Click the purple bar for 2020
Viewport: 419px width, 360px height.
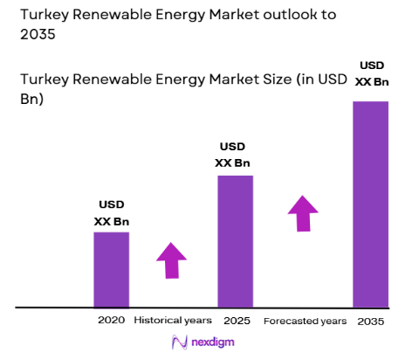coord(112,269)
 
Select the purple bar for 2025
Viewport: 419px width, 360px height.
coord(235,241)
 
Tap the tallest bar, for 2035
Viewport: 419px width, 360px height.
coord(370,204)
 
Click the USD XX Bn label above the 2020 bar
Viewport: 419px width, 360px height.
coord(112,212)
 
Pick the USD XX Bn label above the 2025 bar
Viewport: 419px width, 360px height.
coord(232,154)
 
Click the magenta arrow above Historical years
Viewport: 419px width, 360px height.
coord(172,260)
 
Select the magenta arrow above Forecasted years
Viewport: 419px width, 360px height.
coord(303,212)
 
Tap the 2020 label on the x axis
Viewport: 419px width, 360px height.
coord(111,321)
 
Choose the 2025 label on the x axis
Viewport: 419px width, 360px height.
coord(236,321)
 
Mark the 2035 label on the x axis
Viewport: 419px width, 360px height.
coord(370,321)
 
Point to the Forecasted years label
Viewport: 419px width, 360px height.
coord(305,321)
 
